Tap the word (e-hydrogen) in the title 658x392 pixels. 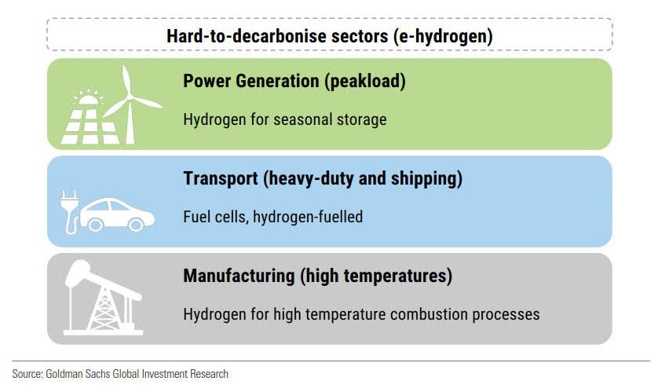point(443,36)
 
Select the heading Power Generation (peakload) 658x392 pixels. point(294,82)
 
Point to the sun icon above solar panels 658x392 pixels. point(88,97)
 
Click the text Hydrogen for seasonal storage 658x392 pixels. point(285,119)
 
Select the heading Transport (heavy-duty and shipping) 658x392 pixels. point(323,179)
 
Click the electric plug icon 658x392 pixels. point(70,211)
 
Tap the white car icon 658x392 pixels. point(117,214)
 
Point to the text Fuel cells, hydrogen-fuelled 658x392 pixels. point(273,217)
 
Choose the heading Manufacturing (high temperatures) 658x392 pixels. point(318,277)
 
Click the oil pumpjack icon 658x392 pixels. point(103,298)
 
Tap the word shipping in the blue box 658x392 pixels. point(426,179)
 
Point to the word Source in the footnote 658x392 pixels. point(27,374)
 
